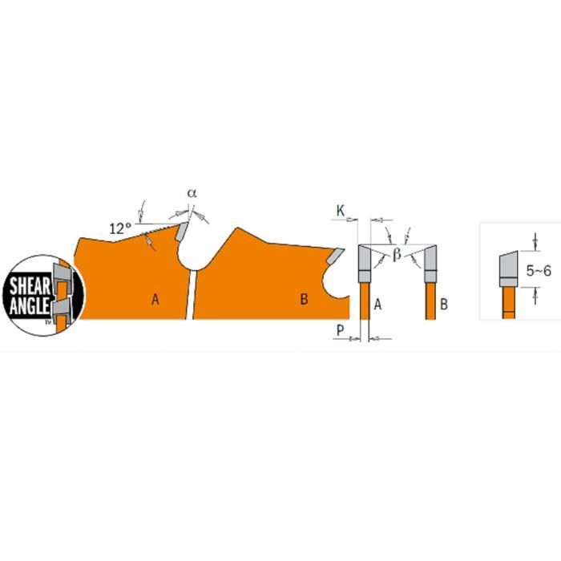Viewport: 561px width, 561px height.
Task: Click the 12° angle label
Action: (x=119, y=228)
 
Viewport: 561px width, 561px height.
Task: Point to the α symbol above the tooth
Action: (x=192, y=193)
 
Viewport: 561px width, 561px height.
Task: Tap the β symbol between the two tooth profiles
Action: (x=396, y=256)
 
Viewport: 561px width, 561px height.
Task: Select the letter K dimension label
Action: (x=340, y=212)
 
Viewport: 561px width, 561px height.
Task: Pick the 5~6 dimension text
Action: (x=539, y=272)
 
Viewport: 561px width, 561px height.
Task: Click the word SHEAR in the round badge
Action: (x=29, y=284)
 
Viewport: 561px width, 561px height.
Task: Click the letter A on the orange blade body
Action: (x=155, y=300)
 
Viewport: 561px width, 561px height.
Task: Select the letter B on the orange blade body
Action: (x=304, y=300)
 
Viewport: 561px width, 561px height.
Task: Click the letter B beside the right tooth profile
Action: (x=443, y=304)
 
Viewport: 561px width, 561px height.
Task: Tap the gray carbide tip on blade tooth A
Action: (x=182, y=233)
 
